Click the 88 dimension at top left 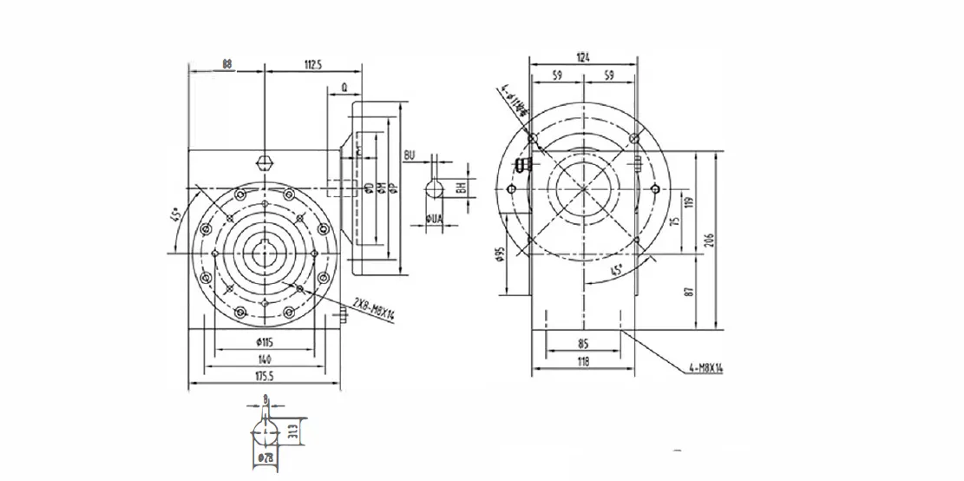point(226,63)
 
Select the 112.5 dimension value point(312,63)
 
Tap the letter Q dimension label point(344,87)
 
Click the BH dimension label point(464,185)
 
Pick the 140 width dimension point(265,358)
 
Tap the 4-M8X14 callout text point(703,368)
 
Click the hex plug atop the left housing point(265,162)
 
